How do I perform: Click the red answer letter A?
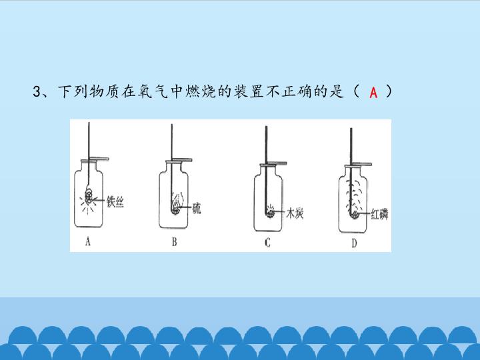373,92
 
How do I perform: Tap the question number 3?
37,91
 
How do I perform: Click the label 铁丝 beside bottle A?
115,202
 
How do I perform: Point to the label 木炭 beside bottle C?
295,213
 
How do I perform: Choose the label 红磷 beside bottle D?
379,214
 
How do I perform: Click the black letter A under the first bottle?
88,242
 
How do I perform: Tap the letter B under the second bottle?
174,242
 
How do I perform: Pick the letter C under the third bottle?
267,243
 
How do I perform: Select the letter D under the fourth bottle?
354,243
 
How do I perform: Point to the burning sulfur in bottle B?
176,205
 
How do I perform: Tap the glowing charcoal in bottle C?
270,212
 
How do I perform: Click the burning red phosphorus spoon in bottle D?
355,215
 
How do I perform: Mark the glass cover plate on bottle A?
95,159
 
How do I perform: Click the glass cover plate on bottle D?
358,165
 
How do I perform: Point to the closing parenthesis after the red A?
388,91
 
